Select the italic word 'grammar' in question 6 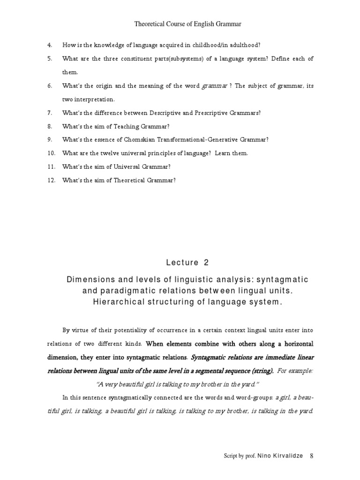[x=215, y=86]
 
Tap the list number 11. [x=51, y=167]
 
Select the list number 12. [x=51, y=180]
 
